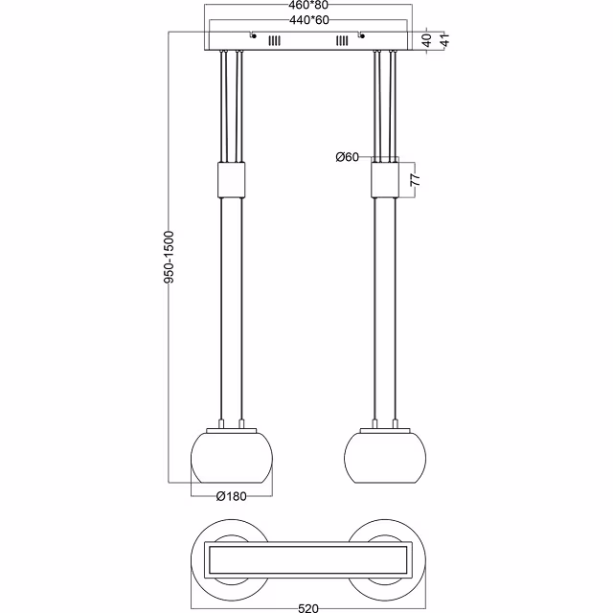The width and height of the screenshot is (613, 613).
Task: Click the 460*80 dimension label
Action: pos(308,7)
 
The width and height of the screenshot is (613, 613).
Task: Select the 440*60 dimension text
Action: pos(308,20)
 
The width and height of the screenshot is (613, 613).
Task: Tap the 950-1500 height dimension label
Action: pos(168,259)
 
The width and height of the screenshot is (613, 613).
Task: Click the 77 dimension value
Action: pos(415,178)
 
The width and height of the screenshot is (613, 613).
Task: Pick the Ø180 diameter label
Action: pos(232,495)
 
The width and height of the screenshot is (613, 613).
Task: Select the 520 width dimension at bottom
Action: pos(308,604)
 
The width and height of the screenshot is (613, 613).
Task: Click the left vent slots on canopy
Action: pos(275,41)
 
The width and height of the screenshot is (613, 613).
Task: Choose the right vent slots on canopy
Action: pos(342,41)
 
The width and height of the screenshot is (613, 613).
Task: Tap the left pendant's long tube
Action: pos(232,306)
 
